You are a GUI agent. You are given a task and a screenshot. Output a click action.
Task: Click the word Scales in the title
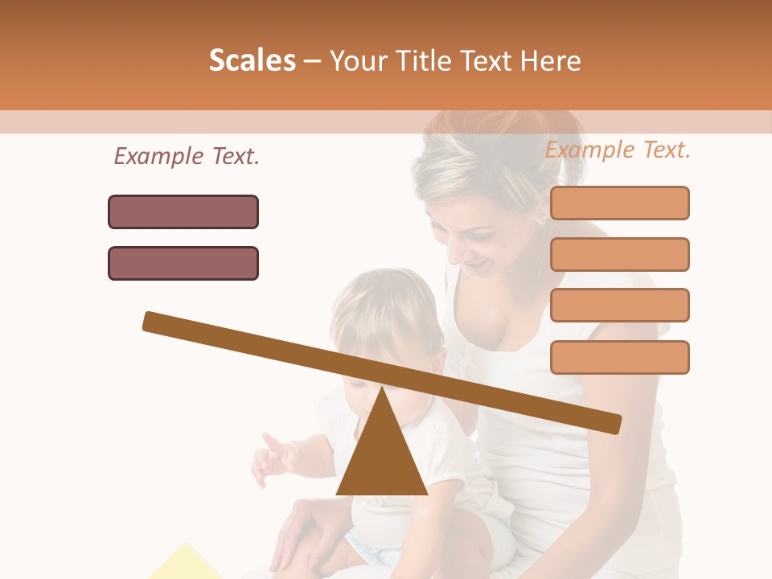tap(252, 60)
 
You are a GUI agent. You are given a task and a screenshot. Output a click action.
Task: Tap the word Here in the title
tap(549, 60)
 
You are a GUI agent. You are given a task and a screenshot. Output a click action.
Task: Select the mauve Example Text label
tap(187, 156)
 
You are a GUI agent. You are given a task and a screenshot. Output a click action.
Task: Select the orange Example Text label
tap(618, 150)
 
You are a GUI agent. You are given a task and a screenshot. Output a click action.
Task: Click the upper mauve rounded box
tap(183, 211)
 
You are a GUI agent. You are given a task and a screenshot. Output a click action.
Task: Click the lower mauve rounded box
tap(183, 263)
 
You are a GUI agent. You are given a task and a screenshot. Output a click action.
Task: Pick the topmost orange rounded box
tap(619, 203)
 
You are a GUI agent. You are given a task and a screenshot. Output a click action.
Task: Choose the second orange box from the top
tap(619, 254)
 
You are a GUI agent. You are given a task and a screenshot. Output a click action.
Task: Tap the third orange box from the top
tap(619, 305)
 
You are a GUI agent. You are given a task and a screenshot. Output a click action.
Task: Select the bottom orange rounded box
tap(619, 357)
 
